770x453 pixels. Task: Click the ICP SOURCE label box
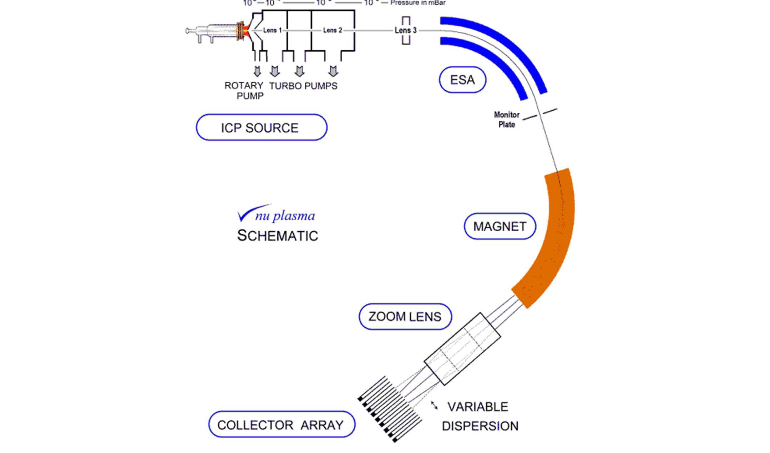pos(261,127)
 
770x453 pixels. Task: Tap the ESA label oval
pos(462,80)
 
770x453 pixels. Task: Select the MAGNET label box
pos(500,226)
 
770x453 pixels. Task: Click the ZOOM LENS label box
pos(405,317)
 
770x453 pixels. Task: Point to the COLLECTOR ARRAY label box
pos(282,424)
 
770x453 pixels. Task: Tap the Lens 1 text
pos(272,30)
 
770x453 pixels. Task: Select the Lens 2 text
pos(332,30)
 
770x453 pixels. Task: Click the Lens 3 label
pos(405,30)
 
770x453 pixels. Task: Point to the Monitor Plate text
pos(506,120)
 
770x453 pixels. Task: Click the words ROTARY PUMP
pos(244,91)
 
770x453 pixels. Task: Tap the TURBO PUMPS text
pos(303,86)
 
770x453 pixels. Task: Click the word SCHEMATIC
pos(278,236)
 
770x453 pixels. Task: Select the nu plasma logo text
pos(285,216)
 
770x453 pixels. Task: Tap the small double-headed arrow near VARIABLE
pos(434,406)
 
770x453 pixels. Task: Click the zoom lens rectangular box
pos(462,349)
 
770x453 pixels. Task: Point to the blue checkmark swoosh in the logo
pos(250,212)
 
